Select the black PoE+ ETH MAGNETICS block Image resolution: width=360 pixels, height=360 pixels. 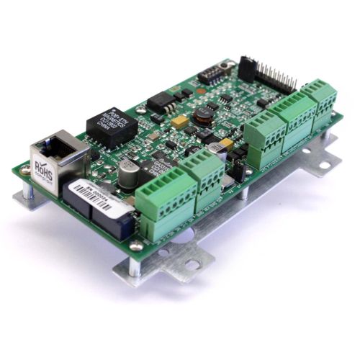tap(112, 129)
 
